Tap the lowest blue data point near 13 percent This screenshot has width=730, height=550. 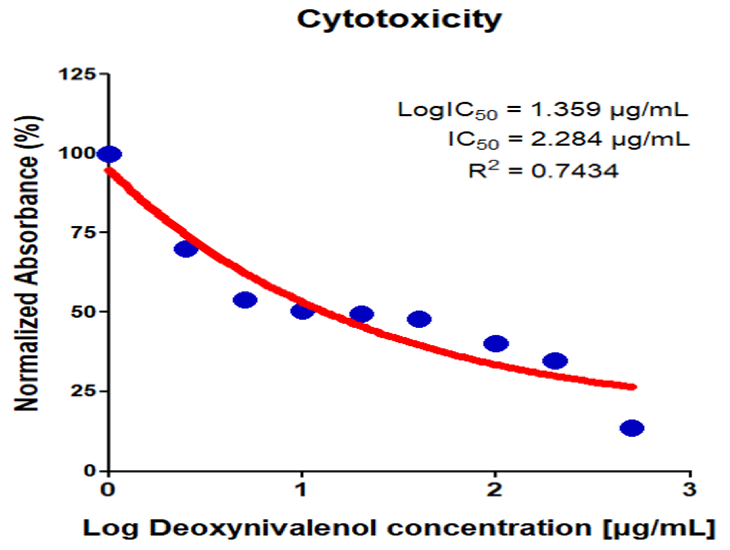coord(632,428)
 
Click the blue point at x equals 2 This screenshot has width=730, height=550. coord(496,343)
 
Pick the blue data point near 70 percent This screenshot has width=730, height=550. coord(186,249)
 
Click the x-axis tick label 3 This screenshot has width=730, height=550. coord(689,489)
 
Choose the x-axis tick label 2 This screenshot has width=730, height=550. coord(494,489)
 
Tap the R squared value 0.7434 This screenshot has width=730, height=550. coord(574,171)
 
